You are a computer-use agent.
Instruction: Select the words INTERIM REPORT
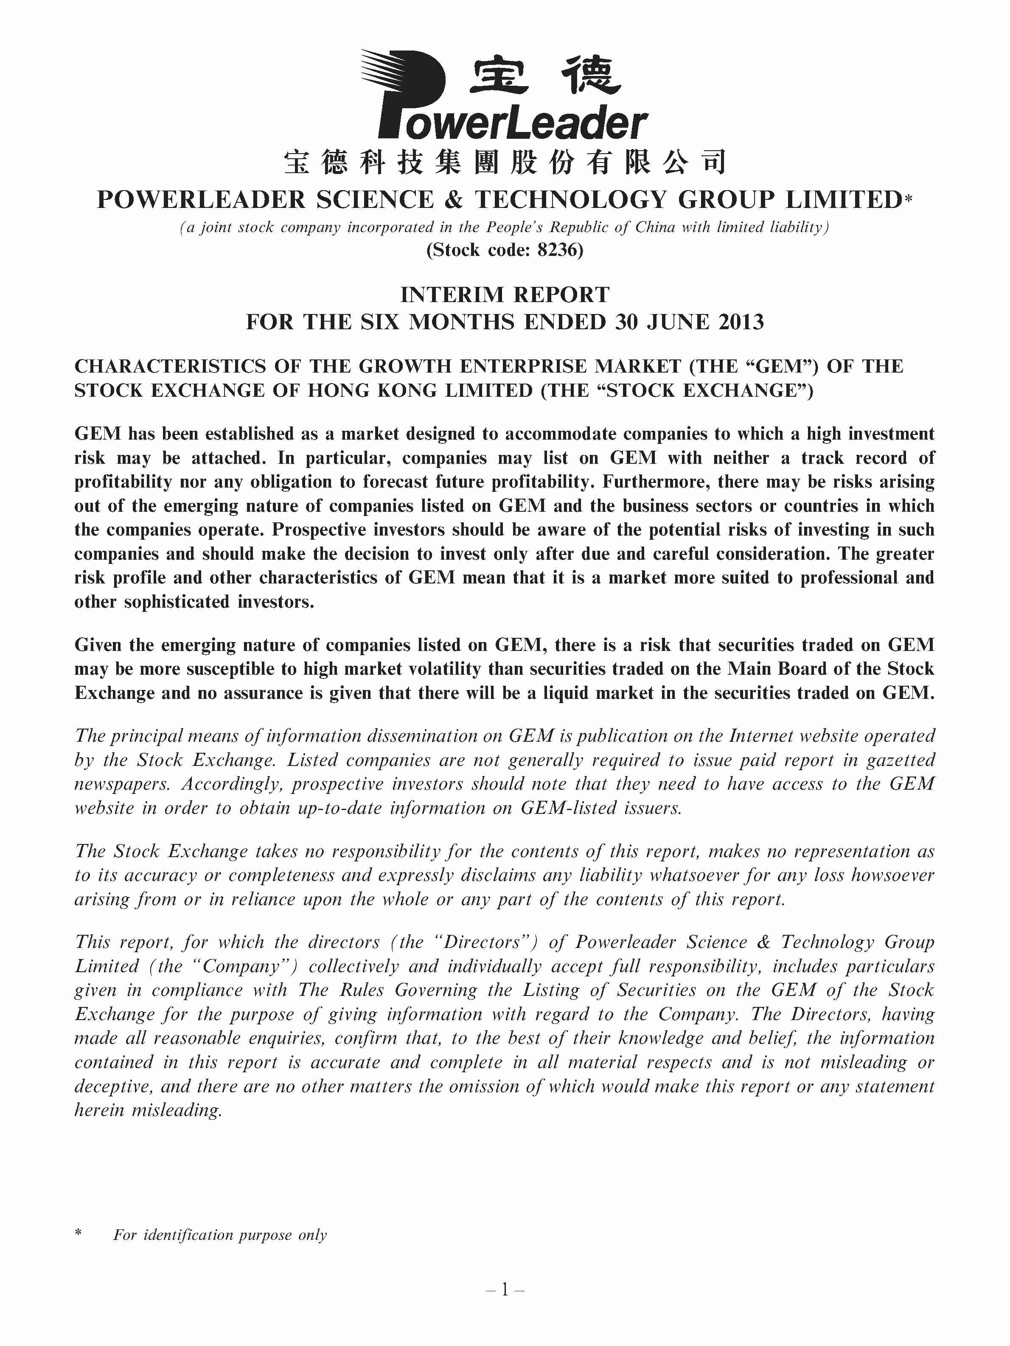(x=505, y=295)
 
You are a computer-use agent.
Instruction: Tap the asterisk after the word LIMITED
(x=909, y=199)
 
